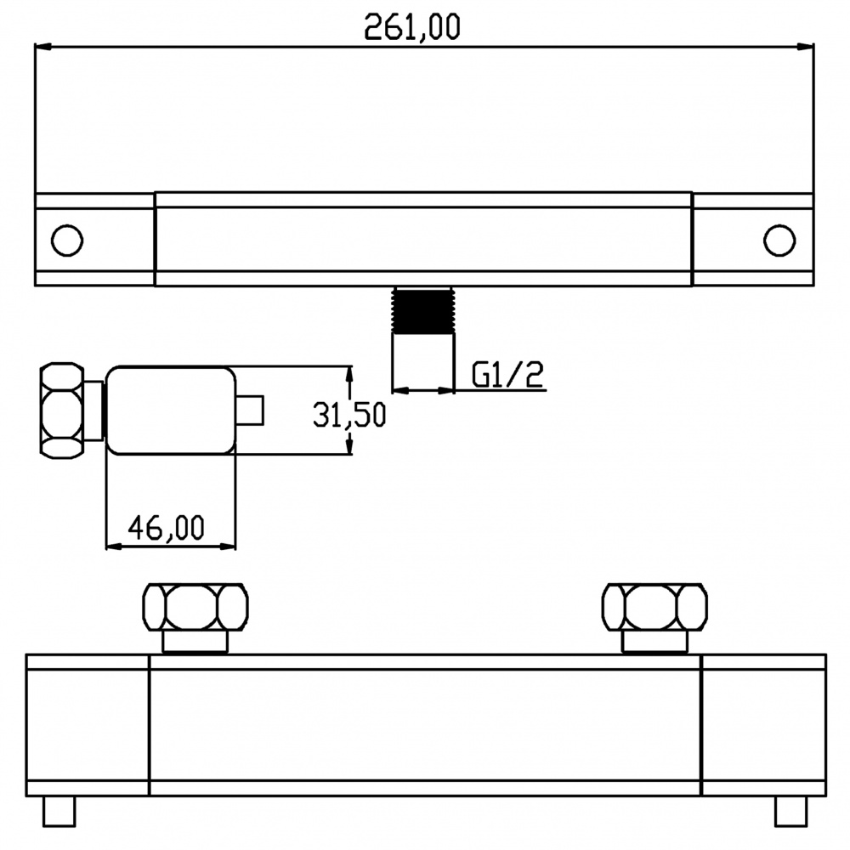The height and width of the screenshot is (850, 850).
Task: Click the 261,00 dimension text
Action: pyautogui.click(x=412, y=27)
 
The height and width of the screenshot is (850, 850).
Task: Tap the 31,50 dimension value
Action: pyautogui.click(x=349, y=416)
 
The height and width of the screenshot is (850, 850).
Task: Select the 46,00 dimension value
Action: pyautogui.click(x=167, y=528)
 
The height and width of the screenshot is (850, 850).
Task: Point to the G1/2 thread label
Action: pyautogui.click(x=507, y=375)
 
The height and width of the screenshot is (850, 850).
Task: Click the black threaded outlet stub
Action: pyautogui.click(x=423, y=309)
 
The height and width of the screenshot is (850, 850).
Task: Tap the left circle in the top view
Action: pyautogui.click(x=67, y=240)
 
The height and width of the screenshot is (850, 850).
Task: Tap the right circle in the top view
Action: pyautogui.click(x=779, y=240)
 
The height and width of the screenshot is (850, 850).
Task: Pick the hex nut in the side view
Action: pyautogui.click(x=62, y=411)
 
